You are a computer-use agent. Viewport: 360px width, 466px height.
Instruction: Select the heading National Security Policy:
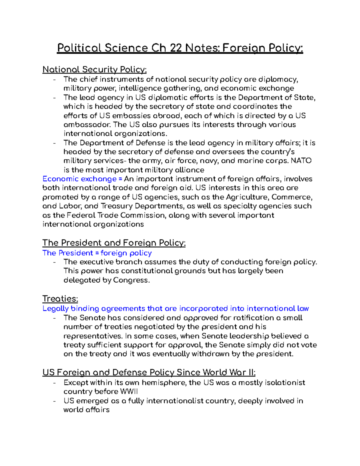click(94, 70)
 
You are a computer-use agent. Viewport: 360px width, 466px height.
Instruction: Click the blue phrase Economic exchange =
click(82, 179)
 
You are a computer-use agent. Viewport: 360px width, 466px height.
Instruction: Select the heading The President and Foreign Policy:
click(114, 243)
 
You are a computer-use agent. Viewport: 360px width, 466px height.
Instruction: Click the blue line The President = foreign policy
click(97, 253)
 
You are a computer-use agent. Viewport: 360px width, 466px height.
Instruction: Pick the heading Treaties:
click(60, 299)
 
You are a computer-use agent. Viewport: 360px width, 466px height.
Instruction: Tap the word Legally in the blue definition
click(55, 309)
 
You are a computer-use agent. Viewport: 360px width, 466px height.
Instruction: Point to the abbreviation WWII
click(129, 392)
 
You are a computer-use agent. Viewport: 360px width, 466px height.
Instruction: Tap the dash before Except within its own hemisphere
click(54, 383)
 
